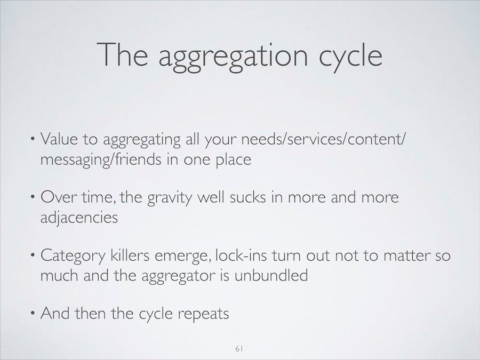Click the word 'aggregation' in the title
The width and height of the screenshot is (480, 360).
pyautogui.click(x=233, y=57)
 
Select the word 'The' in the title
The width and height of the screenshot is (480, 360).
pyautogui.click(x=122, y=54)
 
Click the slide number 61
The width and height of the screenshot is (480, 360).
pyautogui.click(x=239, y=348)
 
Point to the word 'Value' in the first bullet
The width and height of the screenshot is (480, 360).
pyautogui.click(x=59, y=139)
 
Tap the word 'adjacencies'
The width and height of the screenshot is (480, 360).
pyautogui.click(x=79, y=218)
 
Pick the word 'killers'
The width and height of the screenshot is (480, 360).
pyautogui.click(x=130, y=255)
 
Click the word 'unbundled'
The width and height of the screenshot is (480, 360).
pyautogui.click(x=271, y=275)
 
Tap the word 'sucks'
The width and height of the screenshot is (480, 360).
pyautogui.click(x=247, y=197)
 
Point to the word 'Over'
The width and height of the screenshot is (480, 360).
pyautogui.click(x=58, y=197)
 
